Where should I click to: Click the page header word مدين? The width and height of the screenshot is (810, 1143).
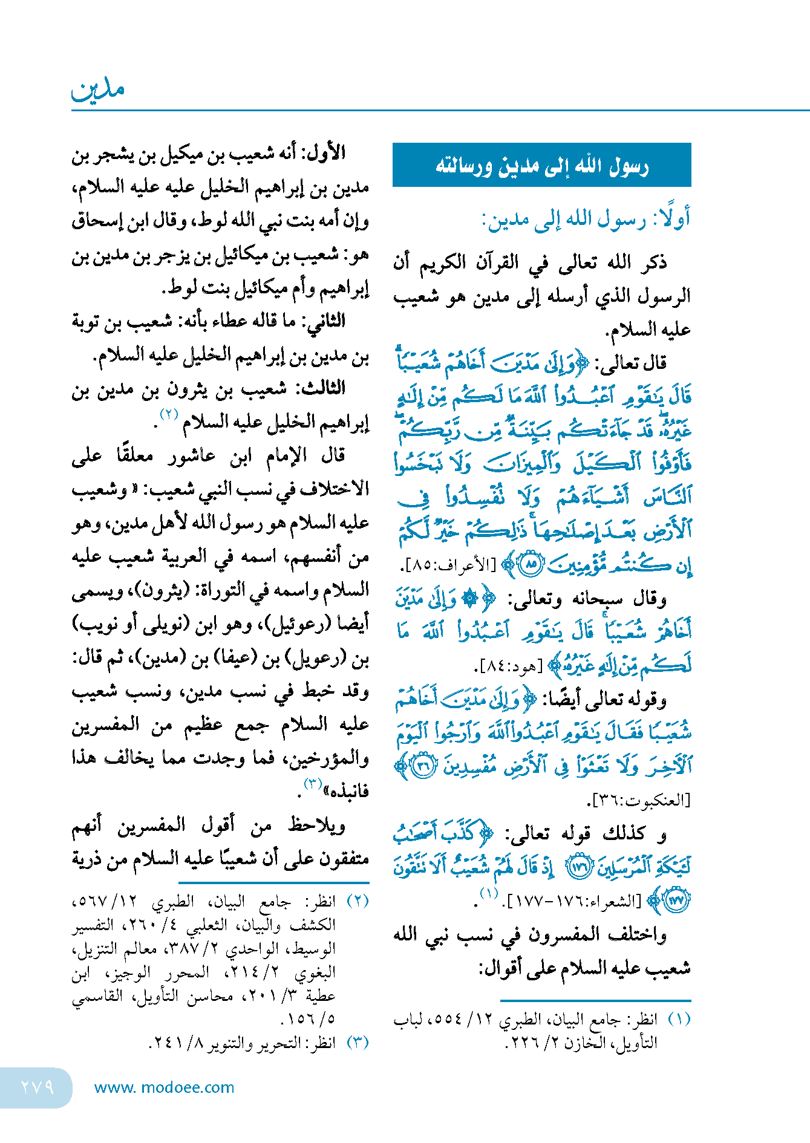(98, 90)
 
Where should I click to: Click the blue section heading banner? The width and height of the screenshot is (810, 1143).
(541, 165)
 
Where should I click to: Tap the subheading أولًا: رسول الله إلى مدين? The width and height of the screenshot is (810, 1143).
(586, 220)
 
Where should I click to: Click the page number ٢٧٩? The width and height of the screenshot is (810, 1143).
(38, 1087)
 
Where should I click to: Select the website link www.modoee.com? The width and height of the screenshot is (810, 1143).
(164, 1087)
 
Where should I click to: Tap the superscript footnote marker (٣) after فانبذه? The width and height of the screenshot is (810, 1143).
(312, 784)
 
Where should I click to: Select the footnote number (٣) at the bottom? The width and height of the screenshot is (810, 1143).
(358, 1043)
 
